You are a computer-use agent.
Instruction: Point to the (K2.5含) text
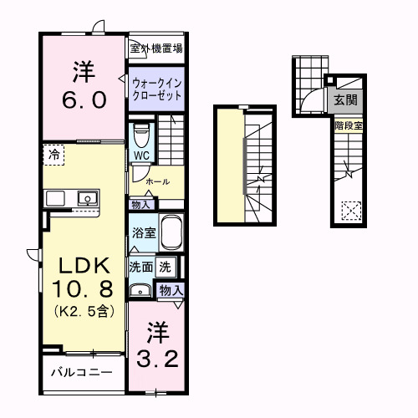pos(83,312)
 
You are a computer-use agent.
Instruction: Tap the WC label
pos(140,155)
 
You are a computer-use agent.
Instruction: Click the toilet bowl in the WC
pos(141,133)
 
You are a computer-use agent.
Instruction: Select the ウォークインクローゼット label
pos(155,90)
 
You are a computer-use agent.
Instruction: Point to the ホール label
pos(157,181)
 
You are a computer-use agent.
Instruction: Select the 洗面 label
pos(140,268)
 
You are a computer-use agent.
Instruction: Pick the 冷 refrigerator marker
pos(54,155)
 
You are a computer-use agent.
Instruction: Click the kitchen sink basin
pos(85,198)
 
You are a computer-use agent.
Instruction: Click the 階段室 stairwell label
pos(347,126)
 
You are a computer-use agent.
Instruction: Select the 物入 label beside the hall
pos(140,204)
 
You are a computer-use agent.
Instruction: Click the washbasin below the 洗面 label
pos(139,291)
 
